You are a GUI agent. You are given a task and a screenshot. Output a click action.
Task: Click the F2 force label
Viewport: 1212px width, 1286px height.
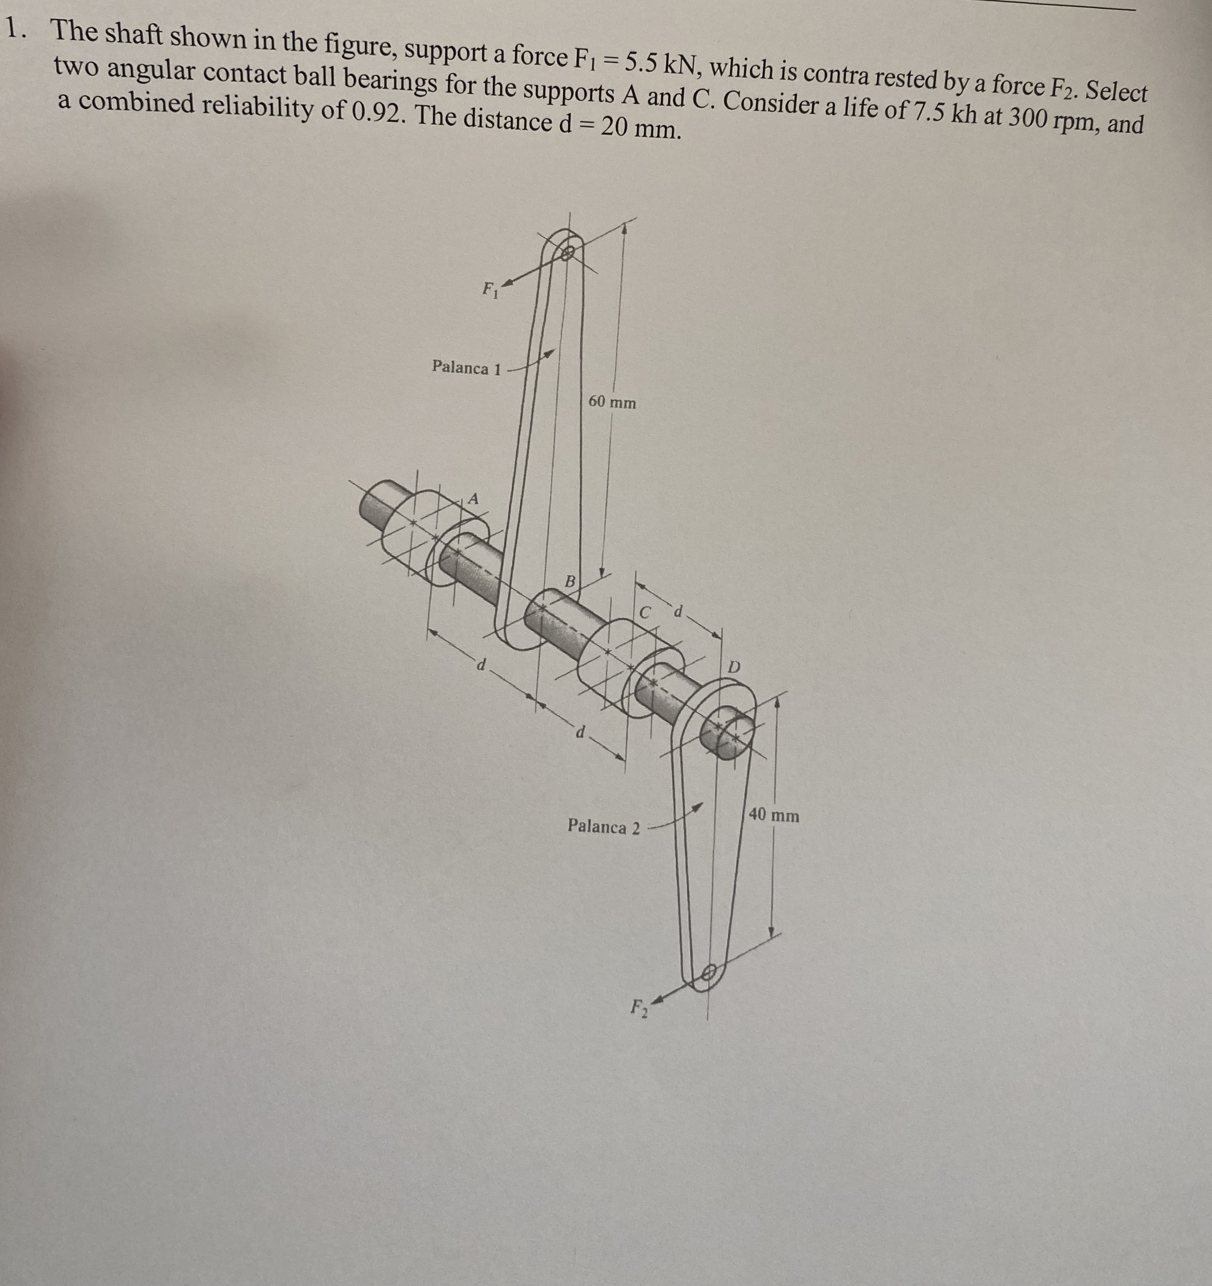(x=639, y=1007)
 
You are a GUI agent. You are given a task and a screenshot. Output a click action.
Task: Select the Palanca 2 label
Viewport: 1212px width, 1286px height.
(x=604, y=827)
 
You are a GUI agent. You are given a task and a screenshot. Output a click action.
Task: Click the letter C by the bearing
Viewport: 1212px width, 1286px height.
(x=644, y=612)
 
